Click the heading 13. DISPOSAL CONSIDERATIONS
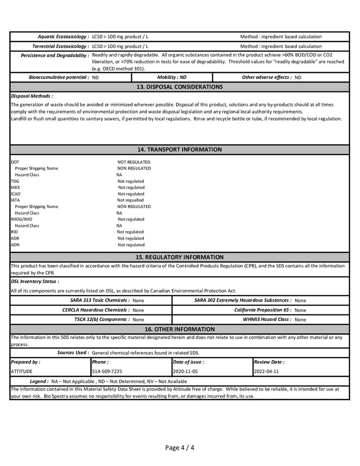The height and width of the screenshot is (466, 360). point(179,87)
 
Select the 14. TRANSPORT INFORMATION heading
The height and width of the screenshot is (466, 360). point(179,149)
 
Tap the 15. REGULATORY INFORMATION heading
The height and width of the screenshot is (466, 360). point(179,257)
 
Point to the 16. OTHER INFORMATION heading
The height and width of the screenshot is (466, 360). point(179,329)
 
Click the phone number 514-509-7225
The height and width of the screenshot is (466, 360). point(107,371)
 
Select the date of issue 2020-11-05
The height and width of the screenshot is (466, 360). point(185,371)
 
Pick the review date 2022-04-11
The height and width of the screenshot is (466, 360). point(266,371)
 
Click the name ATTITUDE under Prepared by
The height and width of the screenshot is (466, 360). point(21,371)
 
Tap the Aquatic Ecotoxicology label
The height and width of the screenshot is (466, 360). point(63,36)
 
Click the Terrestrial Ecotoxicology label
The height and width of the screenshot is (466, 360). point(60,46)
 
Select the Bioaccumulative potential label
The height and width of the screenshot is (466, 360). point(59,77)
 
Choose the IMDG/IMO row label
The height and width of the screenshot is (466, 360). point(21,219)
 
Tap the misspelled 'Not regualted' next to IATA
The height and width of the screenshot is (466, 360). point(130,200)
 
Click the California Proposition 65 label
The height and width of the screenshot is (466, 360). point(263,310)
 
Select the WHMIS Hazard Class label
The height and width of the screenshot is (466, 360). point(267,319)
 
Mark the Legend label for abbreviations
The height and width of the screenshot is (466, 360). point(39,381)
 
